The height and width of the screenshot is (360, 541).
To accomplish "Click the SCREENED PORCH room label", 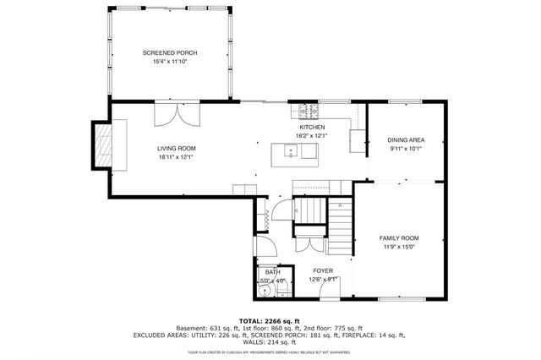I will coord(170,53).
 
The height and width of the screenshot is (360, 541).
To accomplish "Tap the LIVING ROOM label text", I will coord(176,148).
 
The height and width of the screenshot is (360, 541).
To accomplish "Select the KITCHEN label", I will coord(311,127).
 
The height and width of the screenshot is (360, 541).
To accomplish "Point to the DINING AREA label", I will coord(405,139).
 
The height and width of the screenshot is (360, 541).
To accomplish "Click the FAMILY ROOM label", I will coord(398,238).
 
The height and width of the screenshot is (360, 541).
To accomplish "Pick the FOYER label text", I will coord(324,270).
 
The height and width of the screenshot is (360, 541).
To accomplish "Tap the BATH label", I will coord(272,272).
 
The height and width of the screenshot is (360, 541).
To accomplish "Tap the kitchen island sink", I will coord(292,152).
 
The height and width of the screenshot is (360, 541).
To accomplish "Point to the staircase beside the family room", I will coord(340,226).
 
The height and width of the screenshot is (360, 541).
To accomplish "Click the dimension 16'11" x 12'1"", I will coord(176,157).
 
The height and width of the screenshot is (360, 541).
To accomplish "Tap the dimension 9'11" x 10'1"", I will coord(405,149).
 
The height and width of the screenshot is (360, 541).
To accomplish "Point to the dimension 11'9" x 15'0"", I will coord(398,248).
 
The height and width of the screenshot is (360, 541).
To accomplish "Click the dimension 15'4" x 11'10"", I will coord(170,63).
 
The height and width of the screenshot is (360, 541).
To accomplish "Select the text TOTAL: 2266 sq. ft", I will coord(270,321).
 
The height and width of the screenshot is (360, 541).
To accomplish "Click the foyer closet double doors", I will coord(309,246).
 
